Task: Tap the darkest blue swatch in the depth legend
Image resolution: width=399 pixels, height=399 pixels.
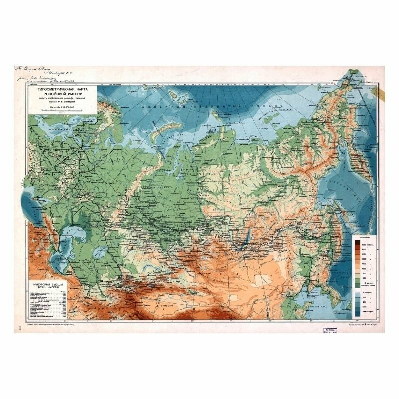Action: click(x=358, y=312)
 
